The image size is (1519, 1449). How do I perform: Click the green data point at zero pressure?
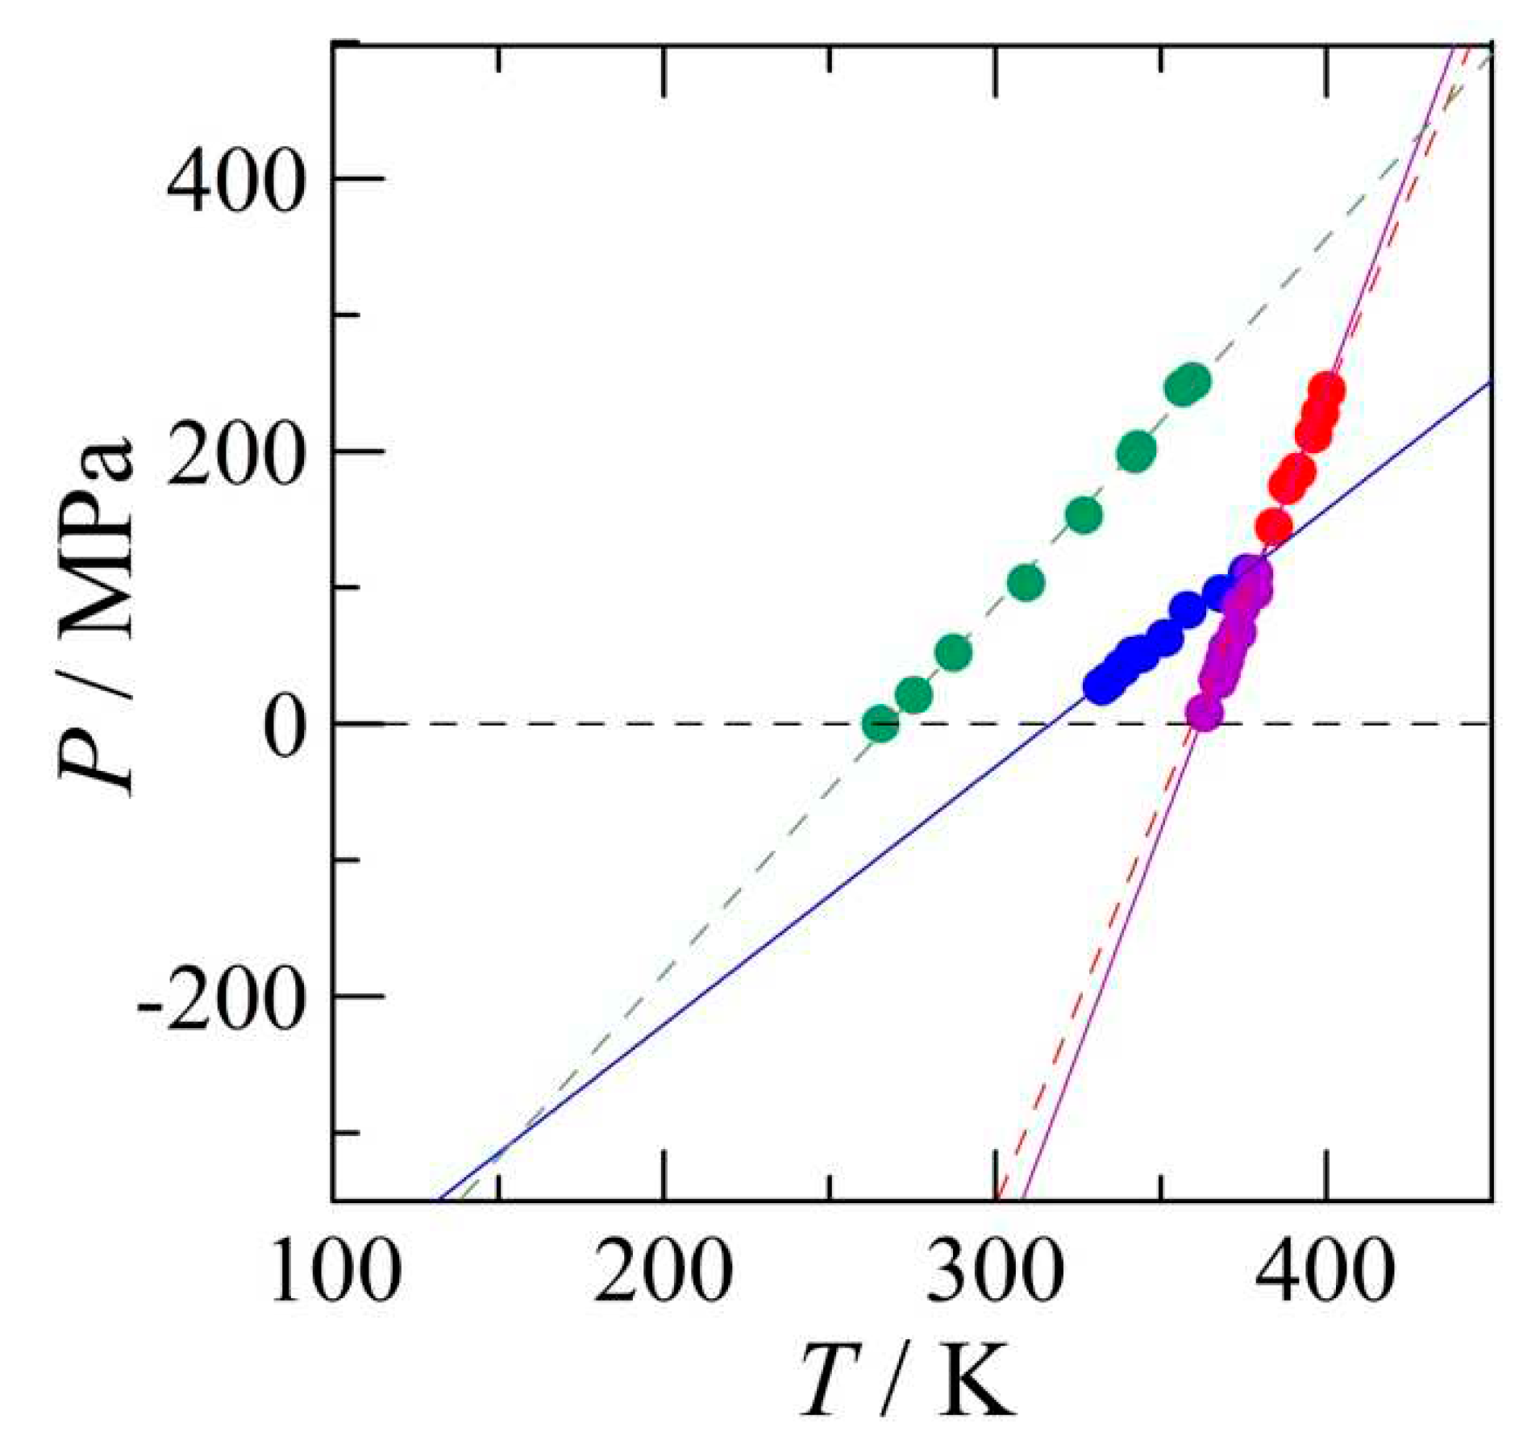(x=880, y=723)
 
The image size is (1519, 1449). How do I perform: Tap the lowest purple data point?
(x=1204, y=713)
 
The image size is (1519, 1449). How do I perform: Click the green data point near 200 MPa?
(x=1137, y=452)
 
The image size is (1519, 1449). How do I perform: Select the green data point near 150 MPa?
(x=1084, y=515)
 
